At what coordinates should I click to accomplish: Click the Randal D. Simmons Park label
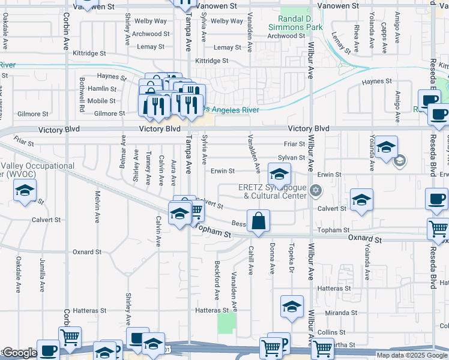[301, 23]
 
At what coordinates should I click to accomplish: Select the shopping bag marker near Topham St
[258, 221]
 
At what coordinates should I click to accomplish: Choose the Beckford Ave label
[217, 281]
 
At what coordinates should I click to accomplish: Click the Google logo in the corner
[19, 353]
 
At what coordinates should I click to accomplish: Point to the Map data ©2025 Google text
[412, 355]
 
